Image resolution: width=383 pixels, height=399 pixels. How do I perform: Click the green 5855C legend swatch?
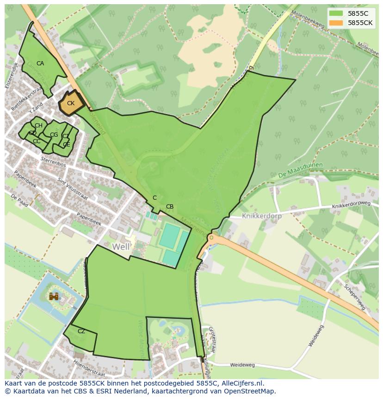[x=336, y=13]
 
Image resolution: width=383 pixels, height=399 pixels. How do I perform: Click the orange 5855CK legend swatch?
[x=336, y=23]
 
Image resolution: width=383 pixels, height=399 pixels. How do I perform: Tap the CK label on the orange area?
[x=70, y=103]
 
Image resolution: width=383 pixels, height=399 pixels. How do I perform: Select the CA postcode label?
[x=40, y=63]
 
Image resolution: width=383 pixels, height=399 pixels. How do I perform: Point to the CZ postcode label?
[x=81, y=331]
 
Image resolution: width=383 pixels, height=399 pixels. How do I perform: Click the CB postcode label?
[x=170, y=207]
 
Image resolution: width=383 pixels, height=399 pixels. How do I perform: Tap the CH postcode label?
[x=38, y=126]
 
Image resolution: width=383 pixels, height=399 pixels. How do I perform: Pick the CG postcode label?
[x=54, y=135]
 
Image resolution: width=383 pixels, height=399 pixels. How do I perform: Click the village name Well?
[x=121, y=247]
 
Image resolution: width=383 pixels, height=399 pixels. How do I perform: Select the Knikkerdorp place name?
[x=262, y=216]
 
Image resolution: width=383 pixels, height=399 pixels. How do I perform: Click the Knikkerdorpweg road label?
[x=351, y=205]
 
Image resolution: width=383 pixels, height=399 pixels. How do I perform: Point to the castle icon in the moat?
[x=54, y=296]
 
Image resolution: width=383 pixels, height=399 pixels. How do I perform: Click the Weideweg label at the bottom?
[x=242, y=365]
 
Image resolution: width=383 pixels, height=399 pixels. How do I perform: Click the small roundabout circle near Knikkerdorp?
[x=211, y=238]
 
